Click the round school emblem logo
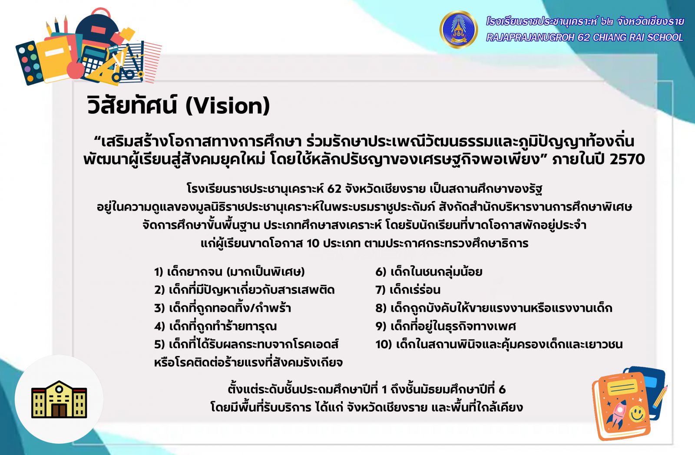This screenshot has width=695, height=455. click(x=459, y=29)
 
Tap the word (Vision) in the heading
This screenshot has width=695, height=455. click(x=228, y=106)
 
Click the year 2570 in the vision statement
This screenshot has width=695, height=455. click(x=627, y=159)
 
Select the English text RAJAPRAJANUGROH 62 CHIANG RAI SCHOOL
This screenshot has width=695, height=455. click(x=585, y=37)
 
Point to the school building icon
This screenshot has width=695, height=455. click(x=59, y=399)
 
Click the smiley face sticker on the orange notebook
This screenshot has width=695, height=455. click(x=637, y=413)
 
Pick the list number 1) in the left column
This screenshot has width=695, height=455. click(x=159, y=272)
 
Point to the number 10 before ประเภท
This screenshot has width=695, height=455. click(x=313, y=244)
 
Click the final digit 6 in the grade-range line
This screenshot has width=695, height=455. click(x=502, y=389)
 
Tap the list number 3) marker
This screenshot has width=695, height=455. click(x=159, y=308)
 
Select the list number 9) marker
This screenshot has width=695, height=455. click(x=381, y=326)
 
